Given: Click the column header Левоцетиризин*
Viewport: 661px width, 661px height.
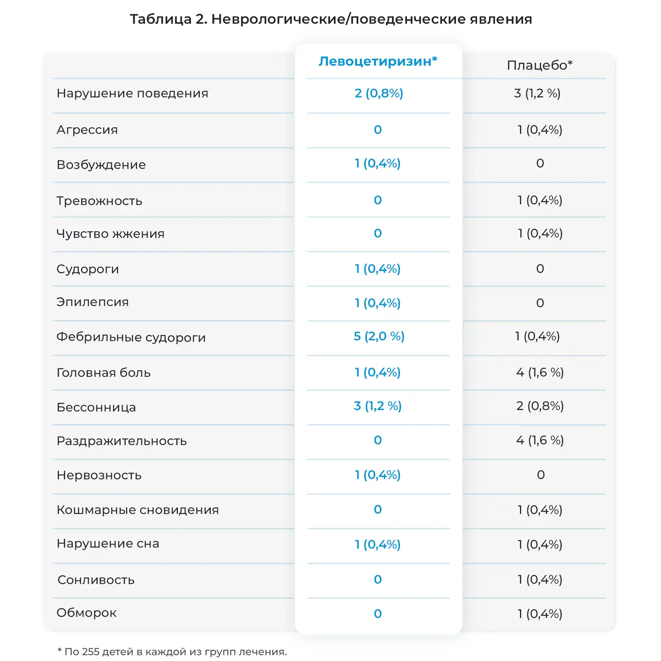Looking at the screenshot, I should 378,61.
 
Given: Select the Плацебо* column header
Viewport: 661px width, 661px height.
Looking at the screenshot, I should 540,65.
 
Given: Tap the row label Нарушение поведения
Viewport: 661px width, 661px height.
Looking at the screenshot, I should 132,93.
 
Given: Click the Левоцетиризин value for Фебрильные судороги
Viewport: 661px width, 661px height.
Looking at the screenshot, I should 378,336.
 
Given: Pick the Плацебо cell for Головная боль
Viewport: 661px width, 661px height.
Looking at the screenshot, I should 540,373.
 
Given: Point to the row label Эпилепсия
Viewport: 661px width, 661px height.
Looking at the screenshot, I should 93,302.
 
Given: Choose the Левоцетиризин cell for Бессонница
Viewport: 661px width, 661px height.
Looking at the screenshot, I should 378,406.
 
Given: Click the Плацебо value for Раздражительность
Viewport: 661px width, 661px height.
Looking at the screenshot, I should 540,440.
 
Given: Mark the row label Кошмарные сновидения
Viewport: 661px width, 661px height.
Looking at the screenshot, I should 138,510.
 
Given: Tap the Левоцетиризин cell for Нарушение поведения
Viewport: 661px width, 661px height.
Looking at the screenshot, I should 378,93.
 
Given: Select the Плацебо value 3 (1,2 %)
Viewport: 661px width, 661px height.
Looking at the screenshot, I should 537,93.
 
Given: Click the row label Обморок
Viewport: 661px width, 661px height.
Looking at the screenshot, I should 86,613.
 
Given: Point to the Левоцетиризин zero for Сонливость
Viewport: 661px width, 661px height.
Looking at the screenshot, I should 378,580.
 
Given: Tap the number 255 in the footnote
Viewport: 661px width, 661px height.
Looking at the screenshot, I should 90,652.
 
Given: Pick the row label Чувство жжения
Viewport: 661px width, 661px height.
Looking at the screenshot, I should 110,234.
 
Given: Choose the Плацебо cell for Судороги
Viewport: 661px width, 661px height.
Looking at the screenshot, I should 540,269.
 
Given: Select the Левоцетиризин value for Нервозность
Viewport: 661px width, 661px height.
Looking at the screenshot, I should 378,475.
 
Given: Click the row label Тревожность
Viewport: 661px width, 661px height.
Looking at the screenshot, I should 99,201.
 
